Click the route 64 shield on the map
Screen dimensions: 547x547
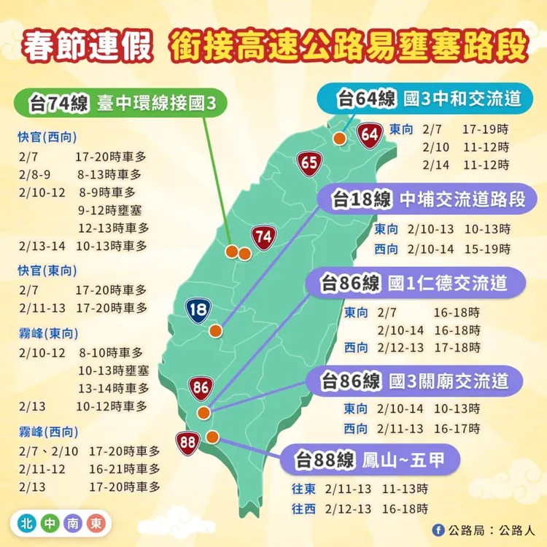(x=370, y=134)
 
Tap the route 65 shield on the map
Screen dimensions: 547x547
(x=309, y=163)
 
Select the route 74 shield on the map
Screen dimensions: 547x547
(x=263, y=236)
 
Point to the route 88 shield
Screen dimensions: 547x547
(x=187, y=442)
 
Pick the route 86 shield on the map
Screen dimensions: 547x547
(x=201, y=387)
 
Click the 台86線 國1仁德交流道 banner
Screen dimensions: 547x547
(x=413, y=282)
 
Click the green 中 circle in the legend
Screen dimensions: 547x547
(x=49, y=524)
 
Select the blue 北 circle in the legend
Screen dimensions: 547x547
(x=26, y=524)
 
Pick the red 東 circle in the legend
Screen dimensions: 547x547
(x=95, y=524)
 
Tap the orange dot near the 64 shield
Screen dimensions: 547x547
(x=339, y=139)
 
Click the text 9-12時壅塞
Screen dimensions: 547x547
(x=112, y=209)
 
